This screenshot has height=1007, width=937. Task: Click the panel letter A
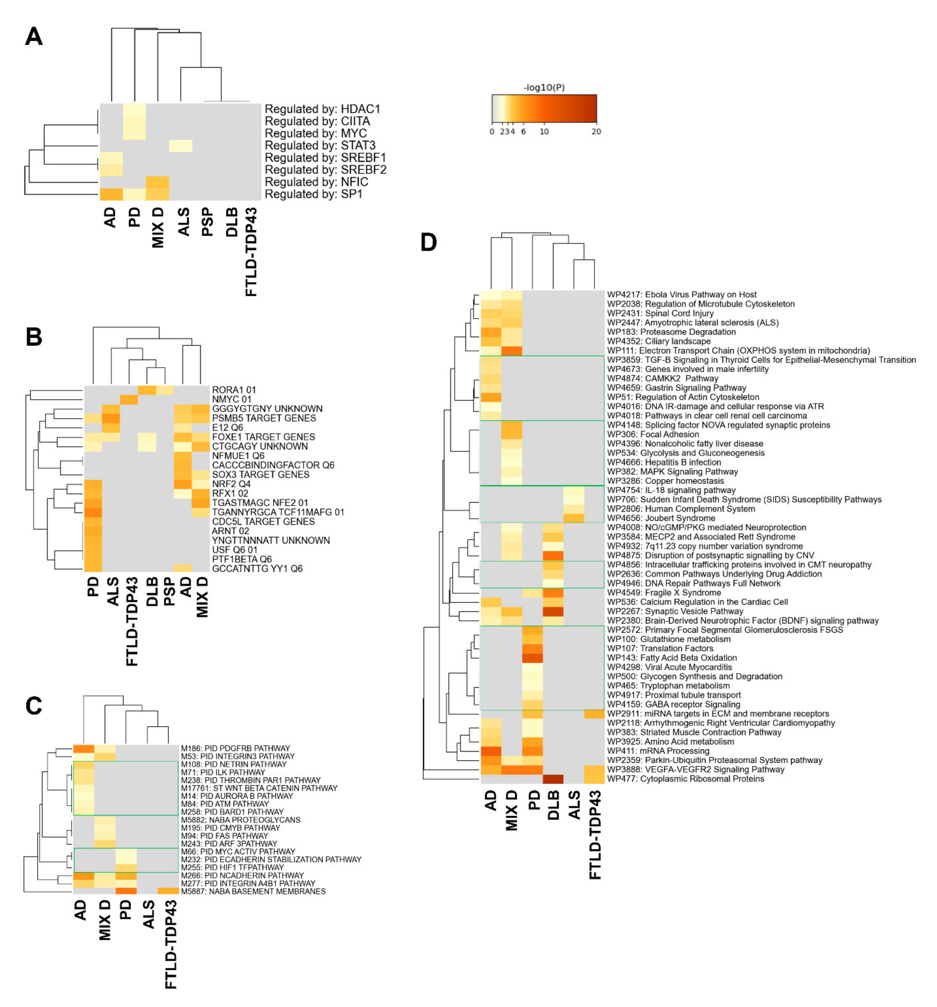(34, 36)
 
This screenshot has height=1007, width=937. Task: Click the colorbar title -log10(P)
(544, 88)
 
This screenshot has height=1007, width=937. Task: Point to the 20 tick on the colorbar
(596, 132)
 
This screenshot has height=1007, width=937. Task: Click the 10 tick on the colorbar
(544, 132)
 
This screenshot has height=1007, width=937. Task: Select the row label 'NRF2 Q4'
(231, 484)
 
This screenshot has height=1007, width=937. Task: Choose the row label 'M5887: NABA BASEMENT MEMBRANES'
(253, 891)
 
